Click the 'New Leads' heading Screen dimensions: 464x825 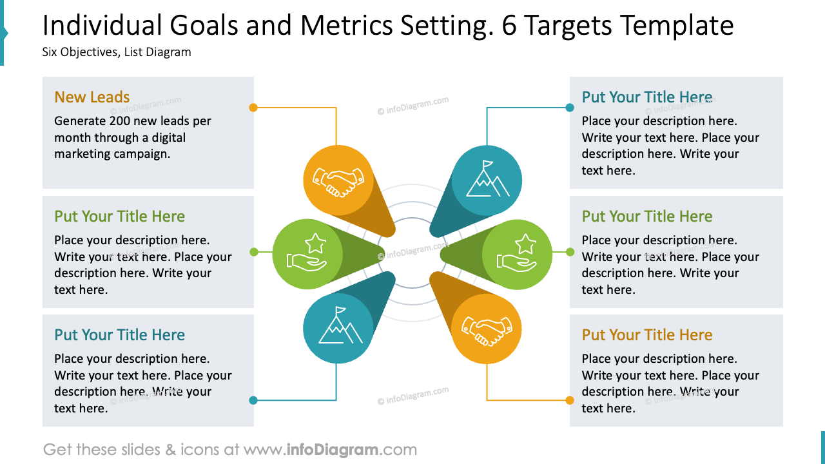point(92,97)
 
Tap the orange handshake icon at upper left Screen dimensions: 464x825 point(338,180)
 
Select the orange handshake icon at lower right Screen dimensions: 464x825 point(487,329)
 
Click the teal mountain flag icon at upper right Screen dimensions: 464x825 point(487,180)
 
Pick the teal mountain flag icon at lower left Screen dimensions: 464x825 point(338,329)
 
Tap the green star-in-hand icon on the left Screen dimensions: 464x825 point(307,254)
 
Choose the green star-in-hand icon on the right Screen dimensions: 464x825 point(517,254)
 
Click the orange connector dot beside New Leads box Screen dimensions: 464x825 point(253,108)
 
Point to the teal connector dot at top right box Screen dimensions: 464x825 point(570,108)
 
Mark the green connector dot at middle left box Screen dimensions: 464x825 point(253,252)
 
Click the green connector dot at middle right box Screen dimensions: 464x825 point(570,252)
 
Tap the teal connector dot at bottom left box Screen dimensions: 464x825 point(253,400)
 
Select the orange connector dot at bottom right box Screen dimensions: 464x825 point(570,400)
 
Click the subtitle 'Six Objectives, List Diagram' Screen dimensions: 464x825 point(117,52)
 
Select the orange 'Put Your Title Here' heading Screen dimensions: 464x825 point(646,335)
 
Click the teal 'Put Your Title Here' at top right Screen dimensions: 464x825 point(646,97)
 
